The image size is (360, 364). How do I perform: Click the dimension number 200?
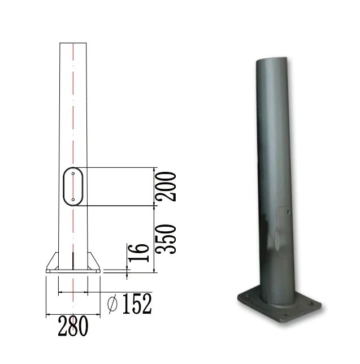point(166,187)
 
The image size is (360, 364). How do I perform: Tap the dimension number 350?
point(166,239)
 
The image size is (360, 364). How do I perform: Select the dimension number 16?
point(138,253)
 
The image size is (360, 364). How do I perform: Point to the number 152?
point(137,304)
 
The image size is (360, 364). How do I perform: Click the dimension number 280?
point(73,326)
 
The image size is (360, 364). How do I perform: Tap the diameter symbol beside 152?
point(112,304)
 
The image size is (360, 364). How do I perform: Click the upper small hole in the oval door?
point(73,174)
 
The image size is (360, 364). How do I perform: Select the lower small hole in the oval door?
point(73,200)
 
